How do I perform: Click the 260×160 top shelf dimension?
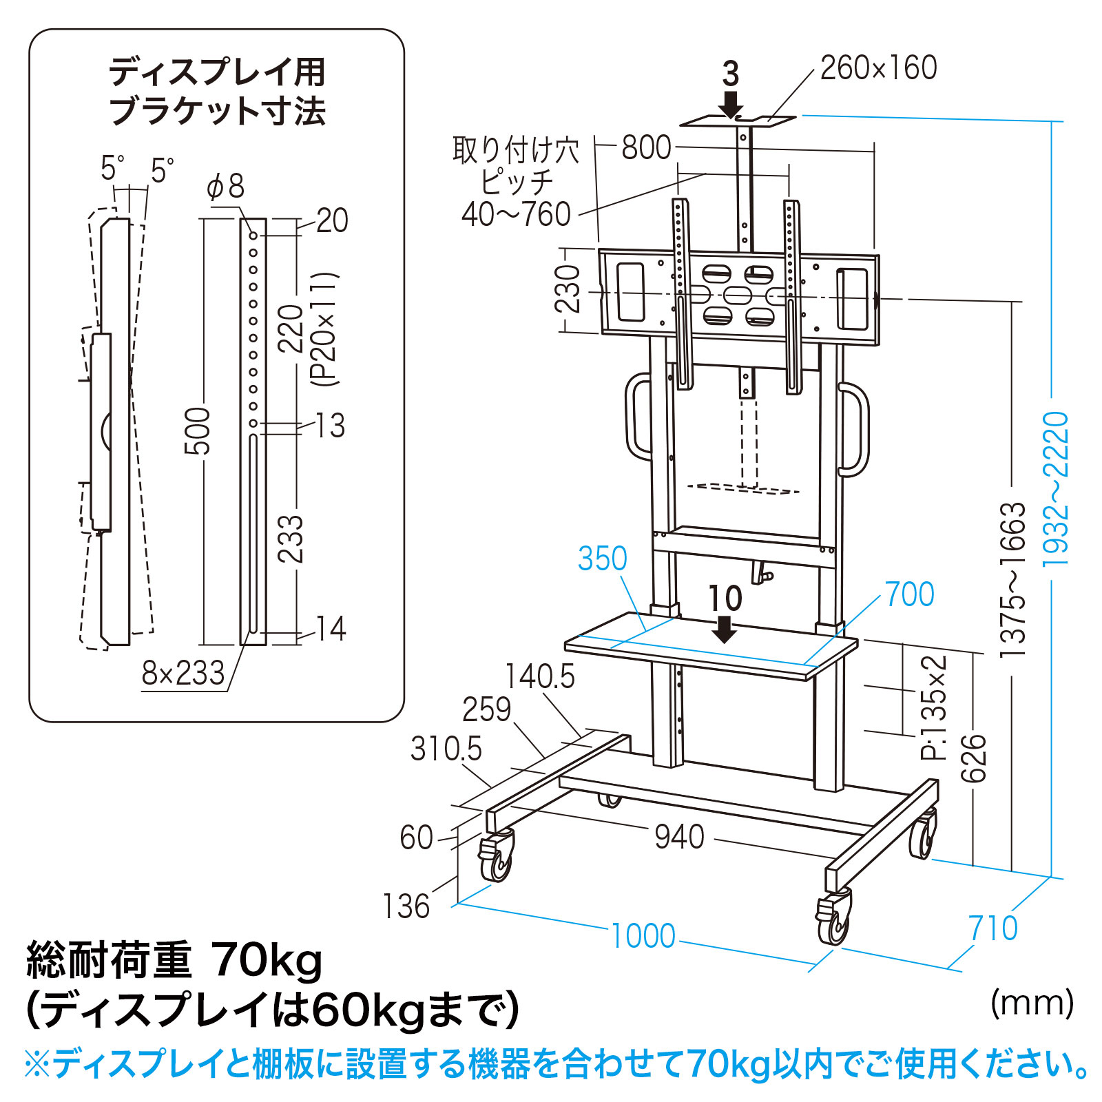click(878, 68)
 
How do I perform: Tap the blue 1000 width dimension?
click(643, 936)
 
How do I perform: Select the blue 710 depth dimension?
click(993, 928)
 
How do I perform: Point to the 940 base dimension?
click(679, 837)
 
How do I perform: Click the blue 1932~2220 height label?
click(1055, 489)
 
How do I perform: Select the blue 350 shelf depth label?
click(603, 559)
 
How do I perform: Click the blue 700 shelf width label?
click(910, 594)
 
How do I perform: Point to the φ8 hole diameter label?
click(226, 187)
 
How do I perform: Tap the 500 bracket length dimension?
click(198, 431)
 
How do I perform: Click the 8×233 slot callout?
click(183, 673)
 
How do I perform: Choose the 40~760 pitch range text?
click(517, 214)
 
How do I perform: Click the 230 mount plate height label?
click(569, 289)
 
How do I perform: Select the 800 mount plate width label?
click(647, 147)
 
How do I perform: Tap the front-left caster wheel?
click(495, 857)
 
